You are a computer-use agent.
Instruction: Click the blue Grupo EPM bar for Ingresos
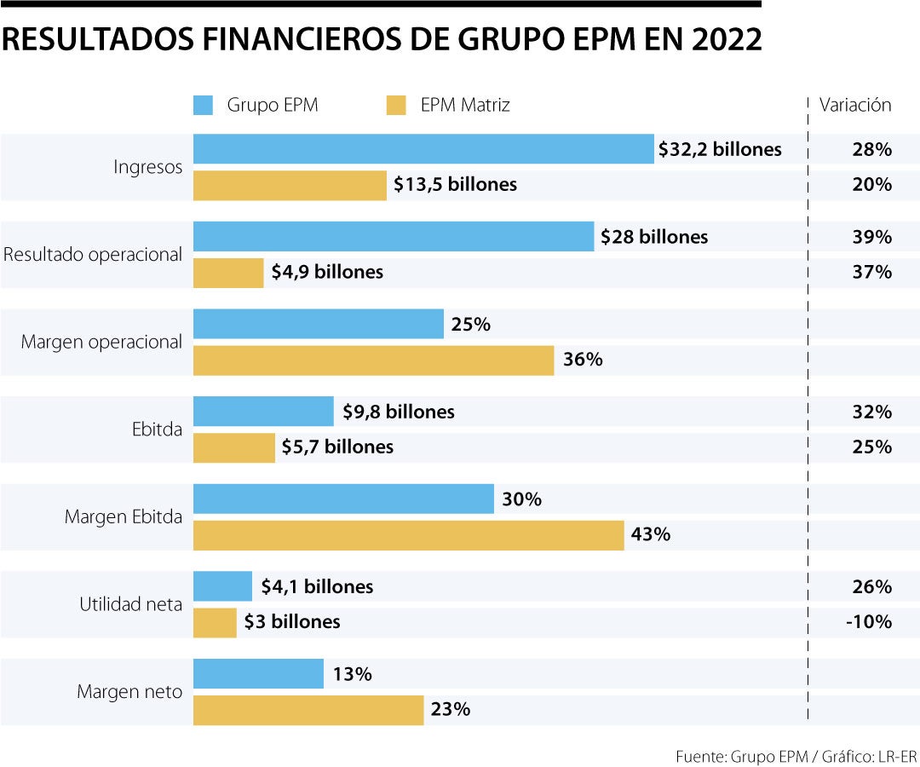(423, 149)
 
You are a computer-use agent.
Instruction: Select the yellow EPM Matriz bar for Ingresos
(290, 185)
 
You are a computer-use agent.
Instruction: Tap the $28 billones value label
(653, 237)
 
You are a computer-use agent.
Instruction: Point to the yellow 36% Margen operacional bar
(373, 360)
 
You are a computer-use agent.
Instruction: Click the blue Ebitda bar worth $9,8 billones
(263, 412)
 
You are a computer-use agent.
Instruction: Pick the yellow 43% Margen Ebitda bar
(408, 535)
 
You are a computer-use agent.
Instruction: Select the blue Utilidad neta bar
(222, 586)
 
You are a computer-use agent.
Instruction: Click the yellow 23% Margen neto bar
(308, 710)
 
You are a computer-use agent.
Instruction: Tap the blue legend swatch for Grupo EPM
(203, 106)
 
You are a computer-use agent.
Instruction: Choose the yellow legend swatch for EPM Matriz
(396, 106)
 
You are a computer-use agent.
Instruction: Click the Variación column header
(854, 106)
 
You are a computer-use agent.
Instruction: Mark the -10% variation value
(868, 622)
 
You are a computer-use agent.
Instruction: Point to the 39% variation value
(871, 237)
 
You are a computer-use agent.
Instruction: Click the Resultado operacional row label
(93, 254)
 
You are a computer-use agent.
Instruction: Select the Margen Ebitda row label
(123, 516)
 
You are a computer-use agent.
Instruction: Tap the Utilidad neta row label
(130, 604)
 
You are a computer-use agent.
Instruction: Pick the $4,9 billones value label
(326, 273)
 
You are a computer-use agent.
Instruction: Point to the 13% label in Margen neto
(352, 674)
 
